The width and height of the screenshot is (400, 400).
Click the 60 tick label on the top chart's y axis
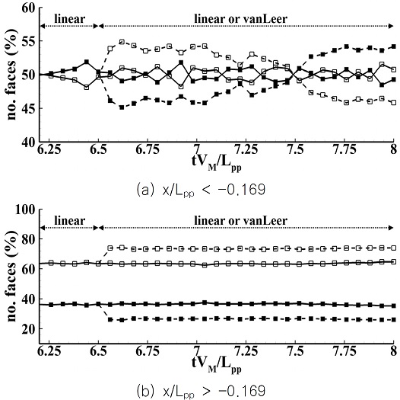pos(28,8)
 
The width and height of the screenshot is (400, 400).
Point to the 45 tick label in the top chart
pos(28,109)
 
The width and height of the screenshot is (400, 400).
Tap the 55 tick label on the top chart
pos(28,42)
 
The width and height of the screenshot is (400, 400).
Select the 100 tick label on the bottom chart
pos(25,210)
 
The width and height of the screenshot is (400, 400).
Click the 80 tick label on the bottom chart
pos(28,239)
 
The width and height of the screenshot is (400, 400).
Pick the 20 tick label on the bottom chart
pos(28,329)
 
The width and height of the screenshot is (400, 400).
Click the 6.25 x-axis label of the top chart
pos(49,149)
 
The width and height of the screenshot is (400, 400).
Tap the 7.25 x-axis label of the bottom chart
pos(246,351)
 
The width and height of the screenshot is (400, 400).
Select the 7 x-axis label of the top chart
pos(197,149)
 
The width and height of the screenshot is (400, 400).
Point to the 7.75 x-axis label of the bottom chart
pos(344,351)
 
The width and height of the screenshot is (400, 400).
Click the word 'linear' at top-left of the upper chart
pos(70,18)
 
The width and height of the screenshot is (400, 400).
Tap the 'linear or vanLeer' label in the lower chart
pos(241,221)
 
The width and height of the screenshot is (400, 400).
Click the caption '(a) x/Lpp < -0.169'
pos(201,190)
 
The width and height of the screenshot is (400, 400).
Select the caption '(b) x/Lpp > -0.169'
pos(201,392)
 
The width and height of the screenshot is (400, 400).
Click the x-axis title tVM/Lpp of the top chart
pos(216,162)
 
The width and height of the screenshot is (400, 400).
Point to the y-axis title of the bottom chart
pos(11,276)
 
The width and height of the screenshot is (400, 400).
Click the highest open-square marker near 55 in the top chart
pos(122,42)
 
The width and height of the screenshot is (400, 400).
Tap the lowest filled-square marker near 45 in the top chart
pos(122,107)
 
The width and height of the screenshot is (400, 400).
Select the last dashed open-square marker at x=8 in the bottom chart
pos(394,248)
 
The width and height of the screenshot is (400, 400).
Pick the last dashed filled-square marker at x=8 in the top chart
pos(394,46)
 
